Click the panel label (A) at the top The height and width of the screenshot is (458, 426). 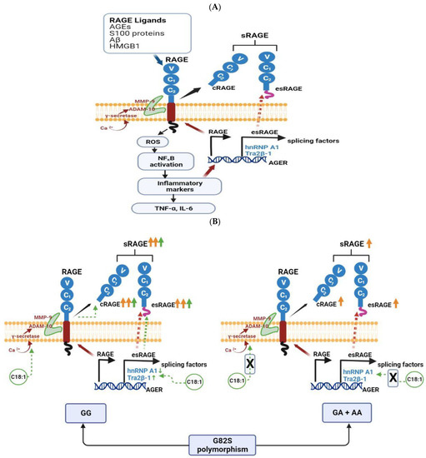tap(213, 6)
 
